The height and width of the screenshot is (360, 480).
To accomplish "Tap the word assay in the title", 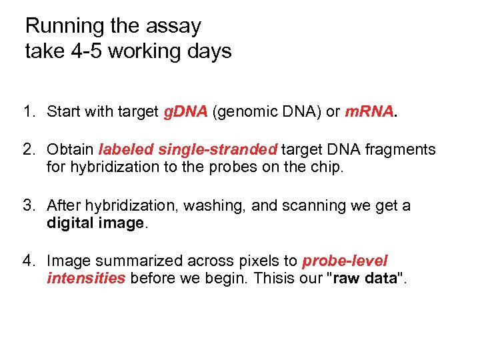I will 174,27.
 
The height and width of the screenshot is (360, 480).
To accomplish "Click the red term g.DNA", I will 186,111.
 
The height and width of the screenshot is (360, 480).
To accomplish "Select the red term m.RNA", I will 369,111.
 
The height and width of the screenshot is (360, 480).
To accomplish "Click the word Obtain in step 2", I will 71,150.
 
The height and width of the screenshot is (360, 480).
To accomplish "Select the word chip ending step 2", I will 329,167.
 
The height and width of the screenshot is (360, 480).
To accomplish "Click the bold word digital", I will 70,223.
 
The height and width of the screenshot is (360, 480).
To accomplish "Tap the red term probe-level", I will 345,261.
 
